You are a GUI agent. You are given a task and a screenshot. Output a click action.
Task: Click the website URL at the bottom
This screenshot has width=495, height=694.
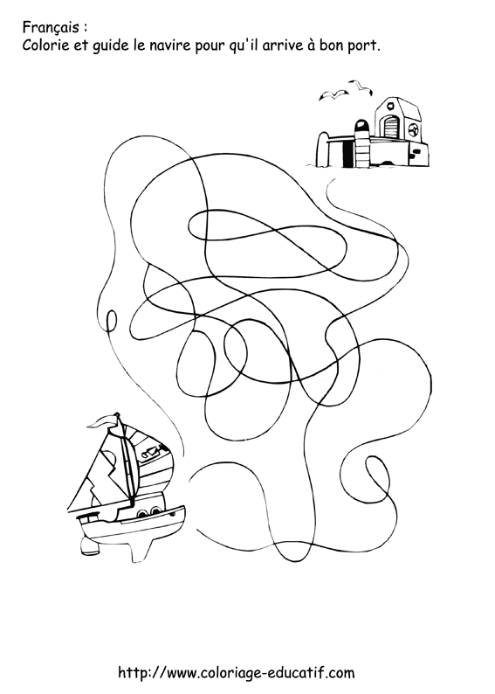[236, 672]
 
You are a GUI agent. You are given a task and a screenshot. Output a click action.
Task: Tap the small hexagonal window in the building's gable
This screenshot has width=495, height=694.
[390, 108]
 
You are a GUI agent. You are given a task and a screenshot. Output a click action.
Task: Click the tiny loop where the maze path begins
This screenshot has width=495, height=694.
[112, 318]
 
